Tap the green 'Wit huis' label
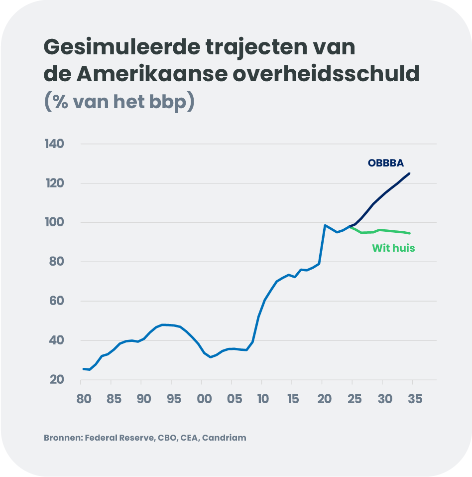click(393, 248)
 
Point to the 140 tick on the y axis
click(56, 144)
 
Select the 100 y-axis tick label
click(56, 222)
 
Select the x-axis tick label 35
click(414, 399)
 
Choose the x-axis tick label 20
click(323, 399)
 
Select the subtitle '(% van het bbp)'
click(119, 101)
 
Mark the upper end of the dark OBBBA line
click(409, 173)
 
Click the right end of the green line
click(409, 233)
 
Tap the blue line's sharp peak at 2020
click(325, 225)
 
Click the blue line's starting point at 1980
click(83, 369)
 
